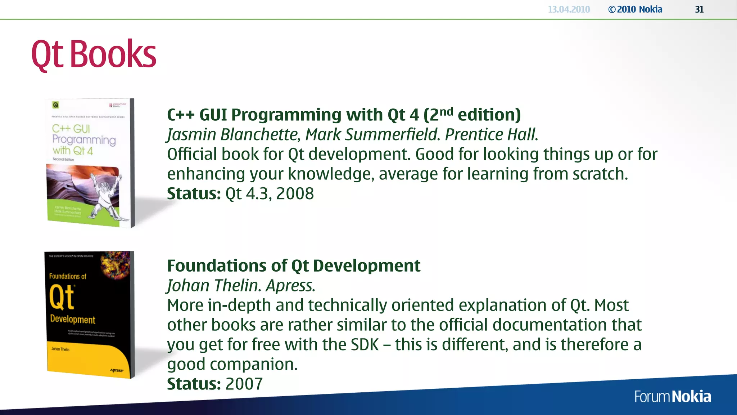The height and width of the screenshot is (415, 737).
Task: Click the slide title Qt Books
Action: (x=94, y=54)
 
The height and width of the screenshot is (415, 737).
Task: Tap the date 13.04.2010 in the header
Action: (x=569, y=9)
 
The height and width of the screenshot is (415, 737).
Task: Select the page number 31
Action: (x=699, y=9)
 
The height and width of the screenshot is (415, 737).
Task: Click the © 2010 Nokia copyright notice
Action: (x=635, y=9)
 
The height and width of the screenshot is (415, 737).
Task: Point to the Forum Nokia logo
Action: (x=673, y=397)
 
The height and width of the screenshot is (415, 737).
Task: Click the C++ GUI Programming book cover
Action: (x=90, y=162)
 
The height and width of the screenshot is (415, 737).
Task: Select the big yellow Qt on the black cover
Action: (x=62, y=297)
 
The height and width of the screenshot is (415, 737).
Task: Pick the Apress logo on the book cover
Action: (x=117, y=370)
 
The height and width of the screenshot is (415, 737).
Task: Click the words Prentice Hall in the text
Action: (x=491, y=135)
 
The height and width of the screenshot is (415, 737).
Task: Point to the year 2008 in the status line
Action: (x=295, y=194)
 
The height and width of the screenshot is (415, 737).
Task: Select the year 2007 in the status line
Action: (x=244, y=384)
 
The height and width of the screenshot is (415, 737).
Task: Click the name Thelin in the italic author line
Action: (x=238, y=286)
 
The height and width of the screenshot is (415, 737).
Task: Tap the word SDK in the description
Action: (x=365, y=345)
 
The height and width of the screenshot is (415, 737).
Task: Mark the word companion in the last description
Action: (x=254, y=365)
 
